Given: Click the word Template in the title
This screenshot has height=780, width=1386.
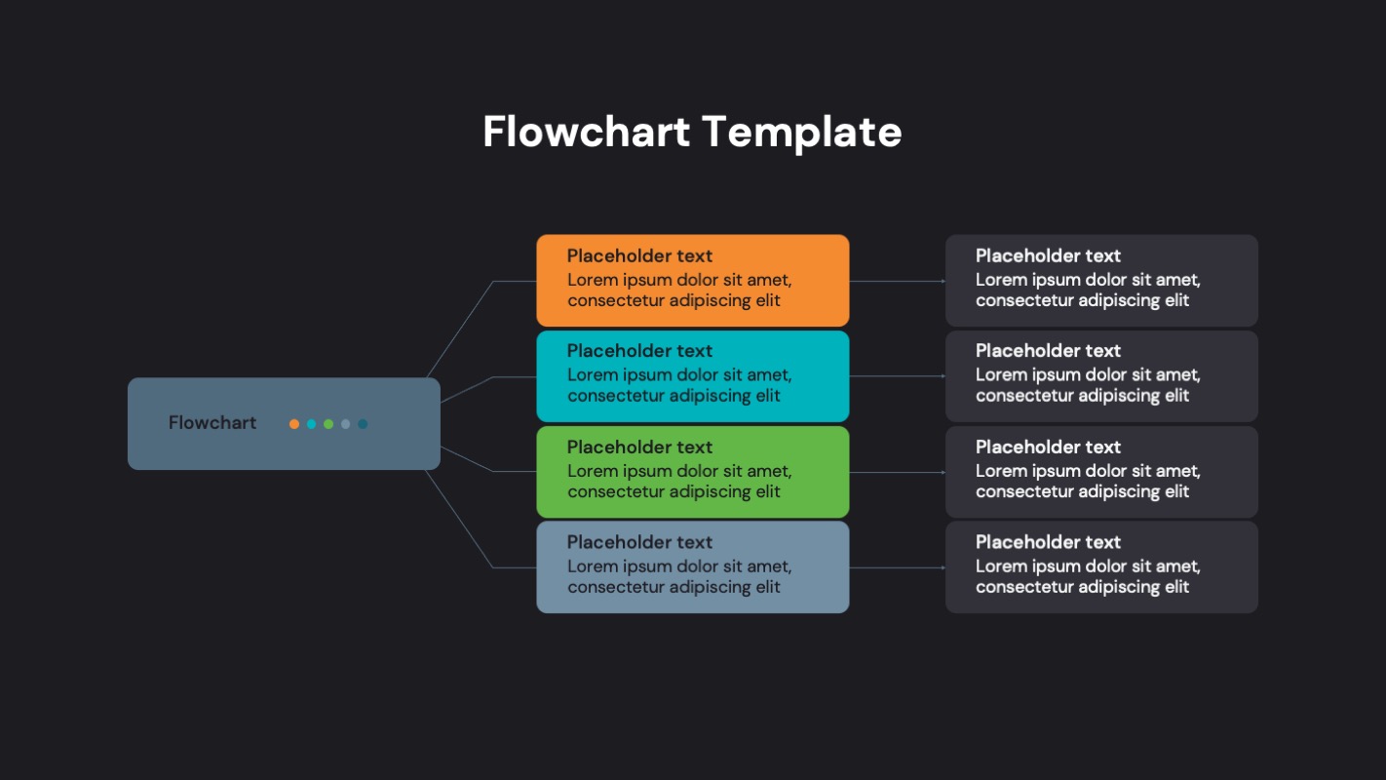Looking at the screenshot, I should coord(800,132).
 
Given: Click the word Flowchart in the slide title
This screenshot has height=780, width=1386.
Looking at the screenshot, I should coord(586,132).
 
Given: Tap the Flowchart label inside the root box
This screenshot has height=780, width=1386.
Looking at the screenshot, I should coord(212,423).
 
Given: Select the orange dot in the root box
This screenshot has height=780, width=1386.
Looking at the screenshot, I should coord(294,424).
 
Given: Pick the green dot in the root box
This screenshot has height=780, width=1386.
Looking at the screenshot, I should coord(328,424).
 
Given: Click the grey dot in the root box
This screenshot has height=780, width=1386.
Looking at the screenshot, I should coord(345,424).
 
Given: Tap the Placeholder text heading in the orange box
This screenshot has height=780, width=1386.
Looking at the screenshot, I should coord(639,256).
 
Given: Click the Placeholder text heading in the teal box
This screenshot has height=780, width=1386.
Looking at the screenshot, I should coord(639,351).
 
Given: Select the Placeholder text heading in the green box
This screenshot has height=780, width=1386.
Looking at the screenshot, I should coord(639,448).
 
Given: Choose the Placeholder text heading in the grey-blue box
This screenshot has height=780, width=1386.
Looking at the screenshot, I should coord(639,542).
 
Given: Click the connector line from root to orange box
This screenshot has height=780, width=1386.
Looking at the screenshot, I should coord(460,329).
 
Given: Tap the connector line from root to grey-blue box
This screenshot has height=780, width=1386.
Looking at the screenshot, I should coord(460,520).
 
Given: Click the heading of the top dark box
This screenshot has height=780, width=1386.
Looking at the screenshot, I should coord(1048,256).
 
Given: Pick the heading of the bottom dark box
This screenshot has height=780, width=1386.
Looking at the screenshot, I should coord(1048,542).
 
